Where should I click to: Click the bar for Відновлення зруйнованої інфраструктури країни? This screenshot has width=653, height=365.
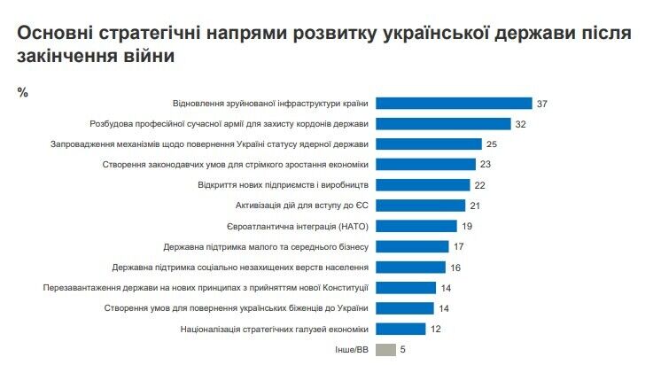pos(455,104)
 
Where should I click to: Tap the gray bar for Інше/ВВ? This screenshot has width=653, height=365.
pos(385,349)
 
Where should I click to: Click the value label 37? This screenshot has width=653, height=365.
pos(542,104)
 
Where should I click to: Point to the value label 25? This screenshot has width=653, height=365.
pos(493,144)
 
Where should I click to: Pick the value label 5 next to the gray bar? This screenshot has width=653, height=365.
pos(403,349)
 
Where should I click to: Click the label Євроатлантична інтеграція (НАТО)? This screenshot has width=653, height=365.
pos(306,226)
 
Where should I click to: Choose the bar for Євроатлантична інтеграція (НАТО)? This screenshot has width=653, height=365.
pos(416,226)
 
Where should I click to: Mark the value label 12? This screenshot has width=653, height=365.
pos(436,329)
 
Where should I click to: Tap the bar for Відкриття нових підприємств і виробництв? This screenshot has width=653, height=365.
pos(424,185)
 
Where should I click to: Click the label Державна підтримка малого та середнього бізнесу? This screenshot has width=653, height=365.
pos(267,246)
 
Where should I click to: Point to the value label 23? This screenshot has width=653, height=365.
pos(485,165)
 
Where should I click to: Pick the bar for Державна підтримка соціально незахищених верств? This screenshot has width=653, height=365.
pos(411,267)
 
